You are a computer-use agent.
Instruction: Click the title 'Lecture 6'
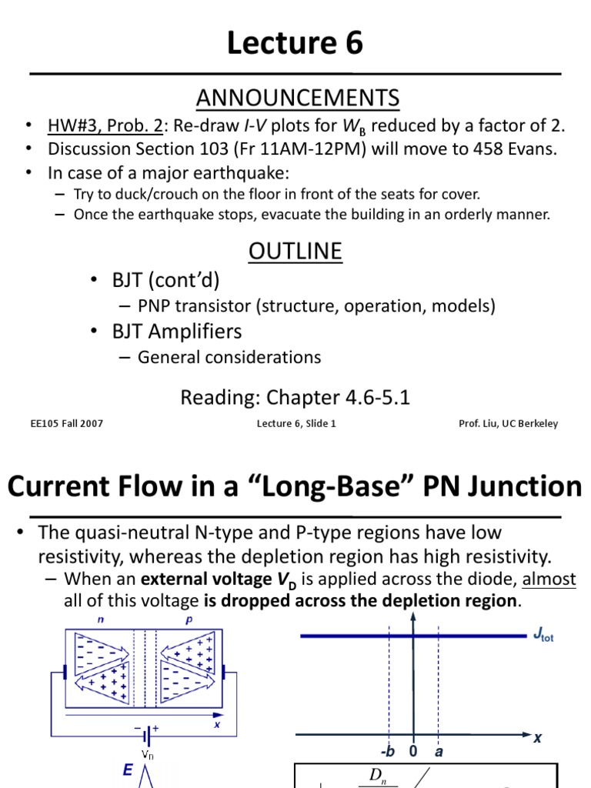click(295, 44)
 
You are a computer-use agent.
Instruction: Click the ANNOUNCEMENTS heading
click(297, 98)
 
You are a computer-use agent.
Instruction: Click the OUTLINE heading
click(295, 252)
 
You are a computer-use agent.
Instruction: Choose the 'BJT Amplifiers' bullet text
click(176, 332)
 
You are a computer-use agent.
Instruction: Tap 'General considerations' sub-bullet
click(229, 357)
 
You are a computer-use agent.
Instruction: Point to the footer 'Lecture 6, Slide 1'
click(296, 424)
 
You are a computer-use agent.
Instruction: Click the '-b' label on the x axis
click(388, 751)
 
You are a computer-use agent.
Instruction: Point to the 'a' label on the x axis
click(439, 751)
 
